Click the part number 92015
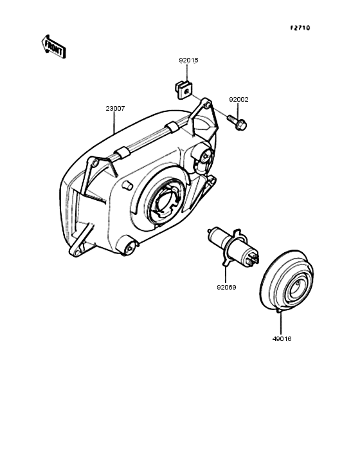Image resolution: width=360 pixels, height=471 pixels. pos(189,60)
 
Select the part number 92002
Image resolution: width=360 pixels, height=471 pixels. pos(239,100)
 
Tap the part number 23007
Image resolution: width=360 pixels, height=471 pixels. pos(115,109)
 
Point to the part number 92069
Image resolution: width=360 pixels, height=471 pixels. pos(226,288)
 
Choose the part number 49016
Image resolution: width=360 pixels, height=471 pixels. pos(282,339)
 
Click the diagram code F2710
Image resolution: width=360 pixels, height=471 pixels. pos(300,28)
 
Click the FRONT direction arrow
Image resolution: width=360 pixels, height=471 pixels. pos(53,47)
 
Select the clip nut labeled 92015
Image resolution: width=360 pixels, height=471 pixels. pos(183,90)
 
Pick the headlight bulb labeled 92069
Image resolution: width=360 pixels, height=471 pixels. pos(233,247)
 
